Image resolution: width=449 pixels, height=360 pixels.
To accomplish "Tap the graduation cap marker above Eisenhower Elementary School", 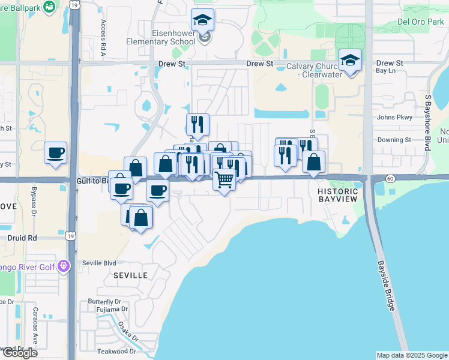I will click(x=203, y=21).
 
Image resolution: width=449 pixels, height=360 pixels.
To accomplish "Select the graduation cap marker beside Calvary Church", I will click(x=350, y=61).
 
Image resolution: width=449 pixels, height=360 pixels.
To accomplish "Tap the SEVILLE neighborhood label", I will click(x=130, y=275).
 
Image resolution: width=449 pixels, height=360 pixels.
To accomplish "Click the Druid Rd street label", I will click(x=23, y=238).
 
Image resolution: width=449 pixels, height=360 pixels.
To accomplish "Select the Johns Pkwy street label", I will click(x=393, y=118).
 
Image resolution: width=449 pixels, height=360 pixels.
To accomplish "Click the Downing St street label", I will click(x=394, y=140).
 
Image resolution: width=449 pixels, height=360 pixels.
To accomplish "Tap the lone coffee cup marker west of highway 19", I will click(x=56, y=152).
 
